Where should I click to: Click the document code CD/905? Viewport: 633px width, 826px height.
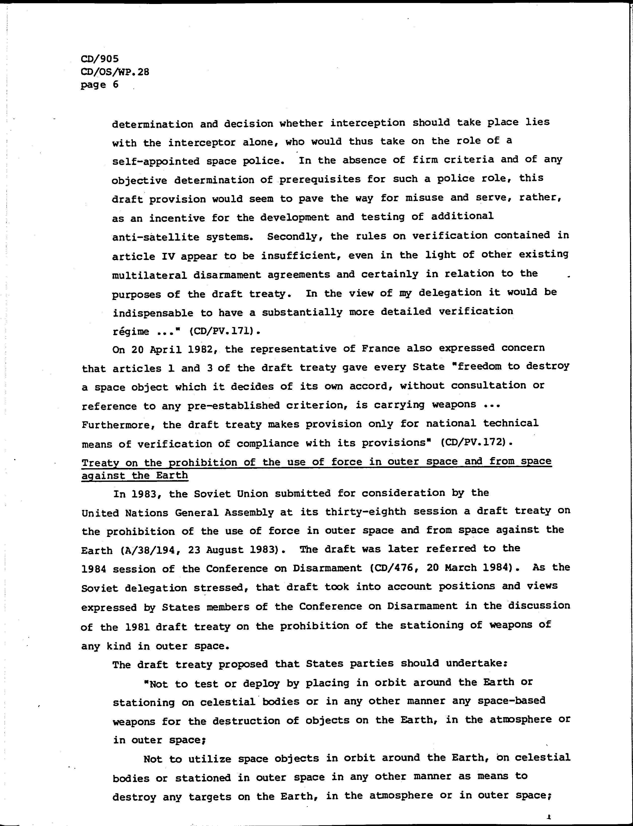pos(100,59)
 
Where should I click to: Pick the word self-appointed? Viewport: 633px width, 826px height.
pos(156,161)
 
